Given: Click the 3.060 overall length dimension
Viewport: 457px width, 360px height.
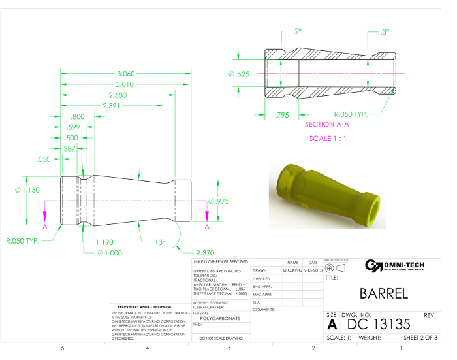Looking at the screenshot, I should [125, 74].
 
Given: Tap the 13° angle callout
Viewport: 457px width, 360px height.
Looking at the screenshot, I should [160, 242].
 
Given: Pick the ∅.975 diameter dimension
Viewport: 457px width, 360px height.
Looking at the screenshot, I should [220, 201].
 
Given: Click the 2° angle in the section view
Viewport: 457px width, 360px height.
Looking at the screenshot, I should [298, 31].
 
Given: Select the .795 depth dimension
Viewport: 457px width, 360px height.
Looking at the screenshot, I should [282, 115].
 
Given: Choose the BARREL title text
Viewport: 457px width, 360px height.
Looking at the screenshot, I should [384, 293].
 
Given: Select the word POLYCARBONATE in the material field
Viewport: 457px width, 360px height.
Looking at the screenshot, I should [221, 318].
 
